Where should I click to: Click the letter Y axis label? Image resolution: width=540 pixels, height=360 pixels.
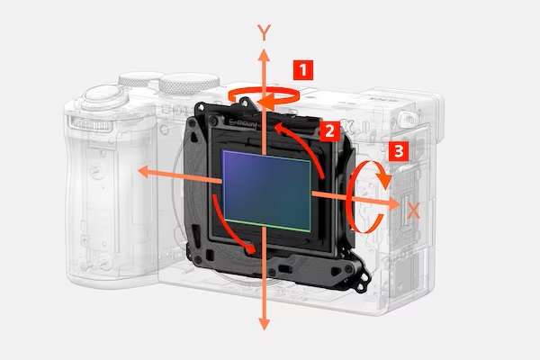(264, 32)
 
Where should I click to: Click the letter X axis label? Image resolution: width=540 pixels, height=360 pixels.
(413, 211)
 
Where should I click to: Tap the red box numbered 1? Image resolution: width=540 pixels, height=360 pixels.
(303, 70)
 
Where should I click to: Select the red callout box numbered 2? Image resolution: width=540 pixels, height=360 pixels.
(330, 130)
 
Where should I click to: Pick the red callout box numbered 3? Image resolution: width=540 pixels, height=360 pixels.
(399, 151)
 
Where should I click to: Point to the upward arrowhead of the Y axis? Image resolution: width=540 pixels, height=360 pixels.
(264, 55)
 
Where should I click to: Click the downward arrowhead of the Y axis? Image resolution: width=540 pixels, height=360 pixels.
(264, 325)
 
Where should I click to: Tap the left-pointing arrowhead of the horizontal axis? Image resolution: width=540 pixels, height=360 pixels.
(143, 172)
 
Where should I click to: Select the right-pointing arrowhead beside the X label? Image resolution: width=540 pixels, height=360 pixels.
(393, 203)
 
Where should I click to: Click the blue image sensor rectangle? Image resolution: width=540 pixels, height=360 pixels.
(267, 191)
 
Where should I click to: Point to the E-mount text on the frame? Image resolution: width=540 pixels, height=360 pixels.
(243, 123)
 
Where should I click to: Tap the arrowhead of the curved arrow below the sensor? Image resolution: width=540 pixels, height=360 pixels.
(251, 248)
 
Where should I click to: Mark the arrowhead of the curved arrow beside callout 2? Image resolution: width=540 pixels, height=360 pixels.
(280, 127)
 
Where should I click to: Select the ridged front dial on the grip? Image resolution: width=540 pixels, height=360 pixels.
(92, 123)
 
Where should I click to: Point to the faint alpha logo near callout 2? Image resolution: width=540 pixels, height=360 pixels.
(346, 130)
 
